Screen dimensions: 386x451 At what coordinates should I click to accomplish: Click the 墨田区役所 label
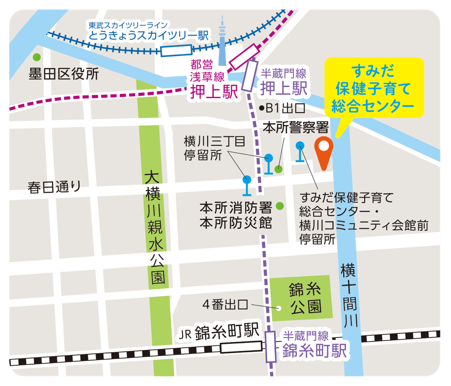click(64, 74)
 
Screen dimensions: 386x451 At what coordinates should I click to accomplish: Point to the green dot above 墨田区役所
click(37, 57)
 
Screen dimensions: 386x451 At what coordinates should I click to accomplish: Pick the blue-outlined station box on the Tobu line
click(176, 51)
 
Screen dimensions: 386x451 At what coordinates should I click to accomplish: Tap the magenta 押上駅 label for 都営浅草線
click(214, 91)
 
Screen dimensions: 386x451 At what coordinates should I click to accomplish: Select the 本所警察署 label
click(296, 127)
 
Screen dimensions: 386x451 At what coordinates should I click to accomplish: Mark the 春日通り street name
click(54, 187)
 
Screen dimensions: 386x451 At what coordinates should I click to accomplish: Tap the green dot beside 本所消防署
click(279, 206)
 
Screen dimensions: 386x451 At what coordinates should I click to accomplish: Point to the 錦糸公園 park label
click(305, 298)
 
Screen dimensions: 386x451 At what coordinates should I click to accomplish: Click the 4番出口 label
click(225, 304)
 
